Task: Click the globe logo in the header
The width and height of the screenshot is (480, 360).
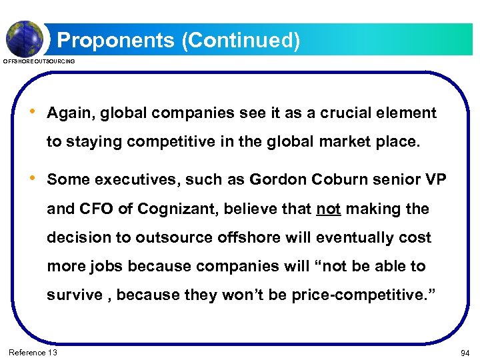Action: tap(25, 38)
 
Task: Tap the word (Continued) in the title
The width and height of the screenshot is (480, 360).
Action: tap(240, 41)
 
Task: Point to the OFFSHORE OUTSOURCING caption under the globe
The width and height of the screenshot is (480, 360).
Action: tap(39, 61)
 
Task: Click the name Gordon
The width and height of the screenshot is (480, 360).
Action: tap(275, 180)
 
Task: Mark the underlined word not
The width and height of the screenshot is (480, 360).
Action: tap(328, 209)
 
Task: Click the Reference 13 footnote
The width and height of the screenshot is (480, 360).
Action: tap(33, 352)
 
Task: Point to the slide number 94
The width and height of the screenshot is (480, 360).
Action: tap(465, 352)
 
